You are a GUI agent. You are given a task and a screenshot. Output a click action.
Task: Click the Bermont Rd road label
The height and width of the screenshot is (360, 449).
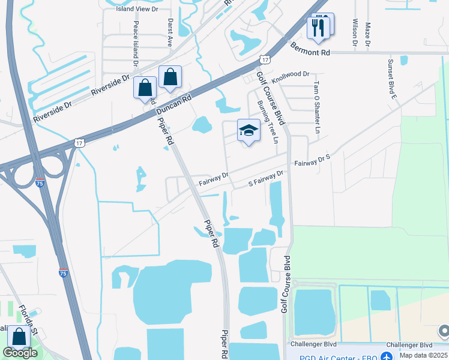point(310,50)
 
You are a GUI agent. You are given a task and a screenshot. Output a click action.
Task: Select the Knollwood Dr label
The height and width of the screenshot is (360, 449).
point(290,74)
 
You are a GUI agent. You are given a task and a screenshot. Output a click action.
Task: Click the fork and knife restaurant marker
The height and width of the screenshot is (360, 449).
point(319,28)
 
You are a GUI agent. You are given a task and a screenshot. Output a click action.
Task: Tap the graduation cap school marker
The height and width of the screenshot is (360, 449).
point(249,130)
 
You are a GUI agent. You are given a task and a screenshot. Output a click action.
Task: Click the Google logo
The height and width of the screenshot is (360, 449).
point(20,353)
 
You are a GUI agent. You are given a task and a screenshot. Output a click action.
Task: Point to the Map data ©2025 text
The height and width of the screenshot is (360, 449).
point(422,356)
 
